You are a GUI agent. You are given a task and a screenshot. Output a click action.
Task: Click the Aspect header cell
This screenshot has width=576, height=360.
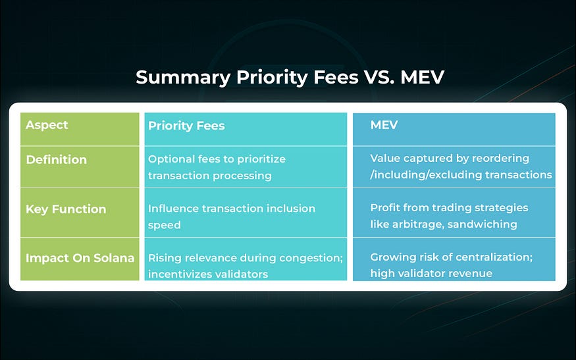tap(47, 125)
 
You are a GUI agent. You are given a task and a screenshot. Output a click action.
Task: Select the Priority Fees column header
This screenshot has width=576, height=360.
tap(186, 126)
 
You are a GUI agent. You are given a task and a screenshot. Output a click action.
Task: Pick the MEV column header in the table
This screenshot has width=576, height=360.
tap(384, 125)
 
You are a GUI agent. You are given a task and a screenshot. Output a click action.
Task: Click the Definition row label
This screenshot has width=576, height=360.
tap(56, 159)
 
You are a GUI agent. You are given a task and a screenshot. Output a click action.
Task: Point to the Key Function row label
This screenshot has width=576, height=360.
tap(66, 209)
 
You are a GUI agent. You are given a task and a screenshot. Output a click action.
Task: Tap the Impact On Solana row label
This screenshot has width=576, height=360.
tap(80, 258)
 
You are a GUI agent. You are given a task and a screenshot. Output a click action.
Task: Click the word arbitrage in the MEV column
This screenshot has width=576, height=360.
tap(419, 224)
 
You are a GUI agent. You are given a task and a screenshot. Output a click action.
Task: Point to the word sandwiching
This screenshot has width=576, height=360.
tap(483, 224)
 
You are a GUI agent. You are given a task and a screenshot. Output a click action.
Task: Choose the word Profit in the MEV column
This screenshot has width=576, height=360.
tap(386, 208)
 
